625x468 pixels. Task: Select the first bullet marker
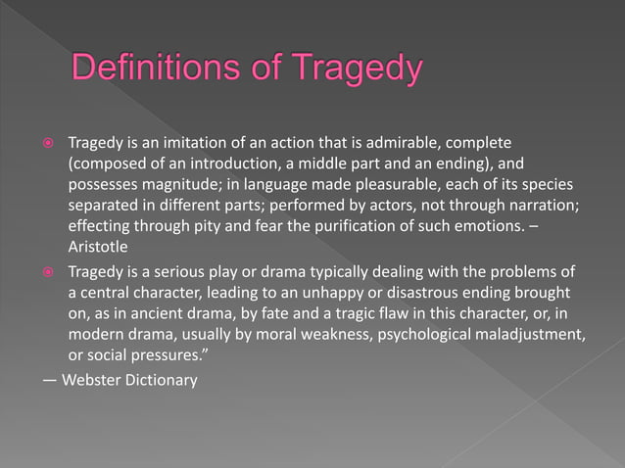(x=45, y=145)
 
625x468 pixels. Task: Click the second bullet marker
(x=45, y=270)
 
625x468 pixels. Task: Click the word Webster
(x=89, y=379)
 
